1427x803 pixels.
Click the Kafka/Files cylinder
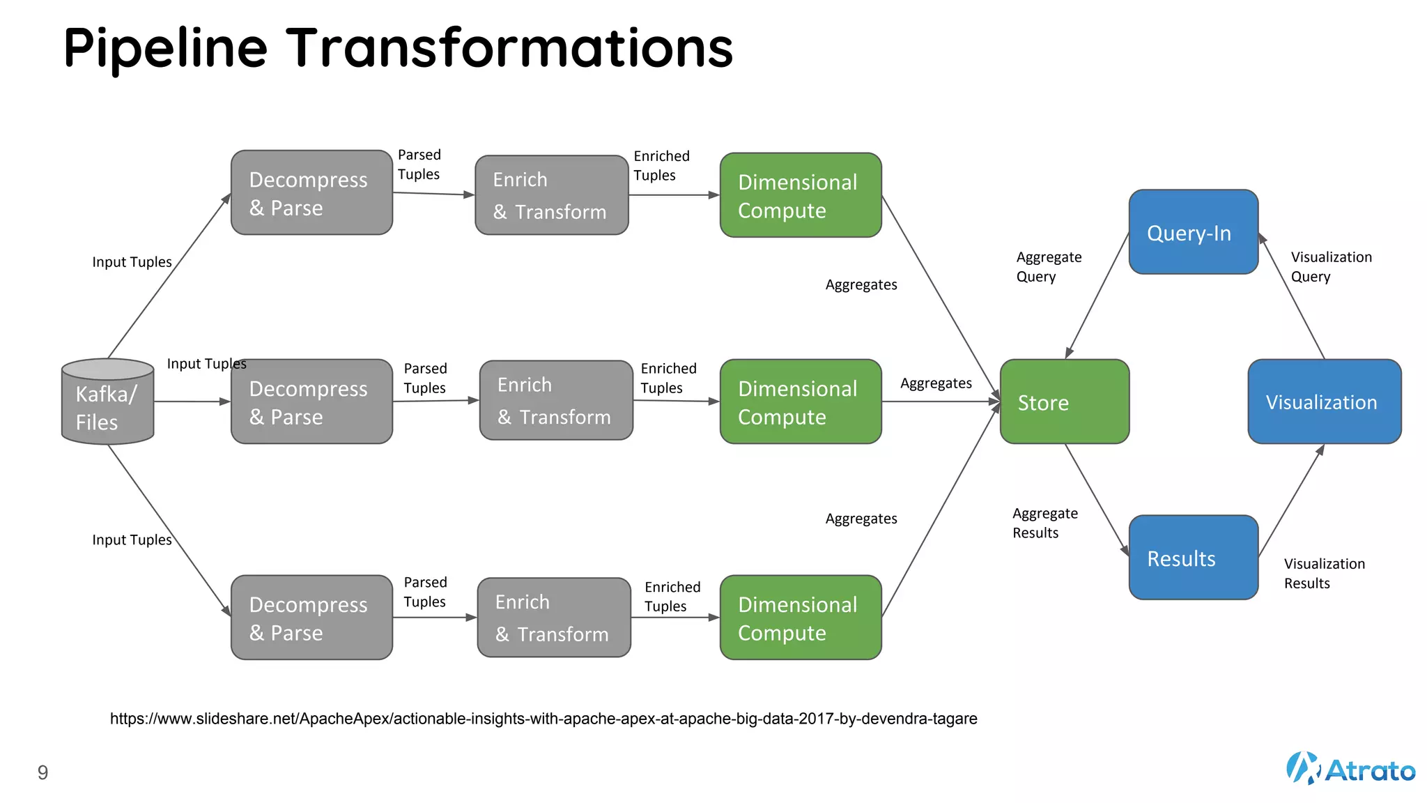(107, 402)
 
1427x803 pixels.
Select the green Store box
(1064, 401)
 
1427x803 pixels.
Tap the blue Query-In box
(1193, 232)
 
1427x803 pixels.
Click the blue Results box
(1193, 558)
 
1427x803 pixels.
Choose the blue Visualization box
(1324, 401)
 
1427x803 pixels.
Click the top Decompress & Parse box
(311, 192)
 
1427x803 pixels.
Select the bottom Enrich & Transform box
(554, 618)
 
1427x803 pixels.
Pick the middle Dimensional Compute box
(801, 401)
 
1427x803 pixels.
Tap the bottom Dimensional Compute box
(801, 618)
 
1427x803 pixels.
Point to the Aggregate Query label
(1048, 267)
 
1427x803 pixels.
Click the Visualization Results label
(1324, 573)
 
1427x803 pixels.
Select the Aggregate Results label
(1044, 523)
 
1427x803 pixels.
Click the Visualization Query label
(1331, 267)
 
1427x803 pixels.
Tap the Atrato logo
(1350, 769)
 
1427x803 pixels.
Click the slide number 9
(43, 772)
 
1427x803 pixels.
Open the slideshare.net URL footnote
(543, 719)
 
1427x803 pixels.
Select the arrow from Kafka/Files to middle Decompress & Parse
(192, 401)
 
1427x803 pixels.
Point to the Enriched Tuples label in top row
(661, 166)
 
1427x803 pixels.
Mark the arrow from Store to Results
(1097, 499)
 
